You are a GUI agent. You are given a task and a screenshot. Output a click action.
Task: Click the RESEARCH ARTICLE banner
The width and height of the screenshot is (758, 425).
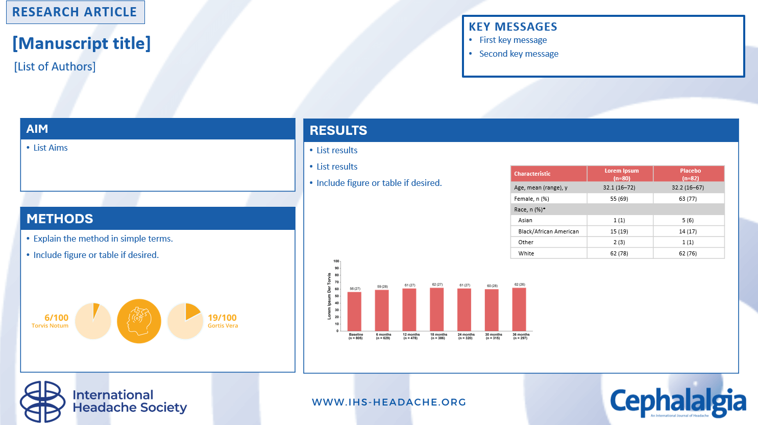(x=75, y=12)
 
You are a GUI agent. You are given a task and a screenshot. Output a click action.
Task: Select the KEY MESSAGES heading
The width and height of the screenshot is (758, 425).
(x=512, y=27)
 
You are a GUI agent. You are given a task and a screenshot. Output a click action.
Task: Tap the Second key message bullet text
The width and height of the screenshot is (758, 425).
(x=519, y=54)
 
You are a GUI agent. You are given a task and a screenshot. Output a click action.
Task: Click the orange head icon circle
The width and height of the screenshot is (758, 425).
(x=139, y=321)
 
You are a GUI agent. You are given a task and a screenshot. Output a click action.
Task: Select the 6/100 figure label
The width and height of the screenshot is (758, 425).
(x=56, y=318)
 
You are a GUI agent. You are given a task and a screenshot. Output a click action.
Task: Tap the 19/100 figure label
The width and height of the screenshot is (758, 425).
(x=222, y=318)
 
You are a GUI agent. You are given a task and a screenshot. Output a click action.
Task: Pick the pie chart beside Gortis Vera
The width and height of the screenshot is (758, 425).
(x=185, y=321)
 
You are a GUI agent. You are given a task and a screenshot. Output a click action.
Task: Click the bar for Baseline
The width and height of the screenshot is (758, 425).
(x=354, y=311)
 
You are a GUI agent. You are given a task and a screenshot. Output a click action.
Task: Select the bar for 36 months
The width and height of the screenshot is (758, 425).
(x=519, y=309)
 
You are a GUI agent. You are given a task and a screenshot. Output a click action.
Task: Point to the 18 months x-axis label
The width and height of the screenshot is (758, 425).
(x=437, y=336)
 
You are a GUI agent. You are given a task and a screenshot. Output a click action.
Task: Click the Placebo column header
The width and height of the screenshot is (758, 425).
(x=690, y=174)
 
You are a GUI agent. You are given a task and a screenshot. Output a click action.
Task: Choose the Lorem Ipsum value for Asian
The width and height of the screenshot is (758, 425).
(x=619, y=220)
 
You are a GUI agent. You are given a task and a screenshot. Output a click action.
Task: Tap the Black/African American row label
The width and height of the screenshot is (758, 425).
(x=548, y=231)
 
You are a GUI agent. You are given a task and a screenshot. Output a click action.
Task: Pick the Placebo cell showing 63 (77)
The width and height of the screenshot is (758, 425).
(x=688, y=199)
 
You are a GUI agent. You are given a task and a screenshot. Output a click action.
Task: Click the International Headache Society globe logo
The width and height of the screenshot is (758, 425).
(x=43, y=402)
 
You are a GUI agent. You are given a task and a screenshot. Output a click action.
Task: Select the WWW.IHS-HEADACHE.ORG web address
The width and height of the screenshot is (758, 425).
(x=389, y=402)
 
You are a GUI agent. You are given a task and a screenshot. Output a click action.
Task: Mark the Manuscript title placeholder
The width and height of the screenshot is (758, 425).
(x=82, y=43)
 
